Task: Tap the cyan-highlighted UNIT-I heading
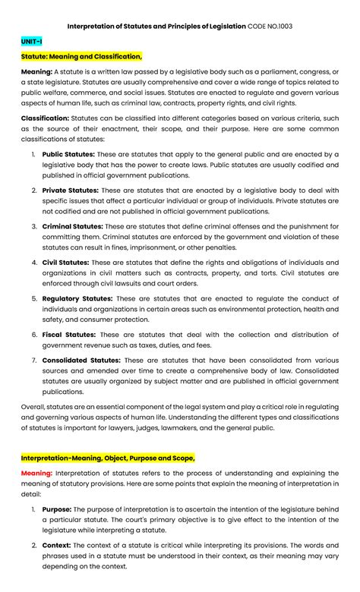tap(32, 42)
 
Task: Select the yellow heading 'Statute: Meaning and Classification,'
tap(81, 57)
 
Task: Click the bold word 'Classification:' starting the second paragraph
tap(45, 118)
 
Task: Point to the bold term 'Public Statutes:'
tap(68, 153)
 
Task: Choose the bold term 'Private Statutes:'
tap(69, 190)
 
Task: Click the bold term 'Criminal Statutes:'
tap(72, 226)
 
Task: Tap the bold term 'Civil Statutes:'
tap(65, 263)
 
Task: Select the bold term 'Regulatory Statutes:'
tap(77, 298)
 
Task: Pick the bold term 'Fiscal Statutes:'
tap(68, 335)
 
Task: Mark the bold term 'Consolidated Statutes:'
tap(81, 360)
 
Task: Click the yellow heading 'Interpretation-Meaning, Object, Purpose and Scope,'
tap(108, 458)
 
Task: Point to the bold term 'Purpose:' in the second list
tap(57, 509)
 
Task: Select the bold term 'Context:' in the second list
tap(56, 546)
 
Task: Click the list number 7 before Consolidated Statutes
tap(33, 360)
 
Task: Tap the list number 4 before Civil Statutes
tap(33, 263)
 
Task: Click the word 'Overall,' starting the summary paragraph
tap(35, 407)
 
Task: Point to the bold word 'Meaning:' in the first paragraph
tap(36, 71)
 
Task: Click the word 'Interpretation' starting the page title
tap(94, 26)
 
